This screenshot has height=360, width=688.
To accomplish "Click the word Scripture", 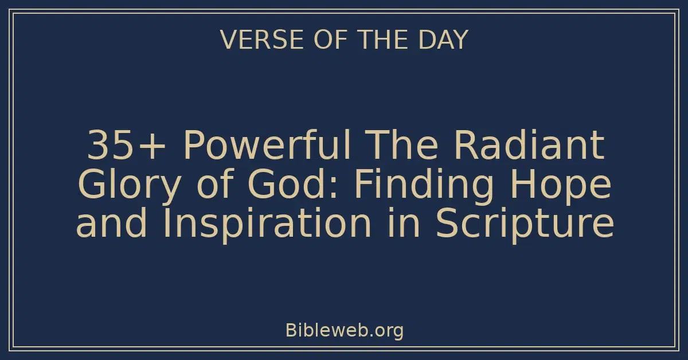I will [x=524, y=224].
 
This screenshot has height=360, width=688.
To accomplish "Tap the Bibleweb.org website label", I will [x=344, y=330].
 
